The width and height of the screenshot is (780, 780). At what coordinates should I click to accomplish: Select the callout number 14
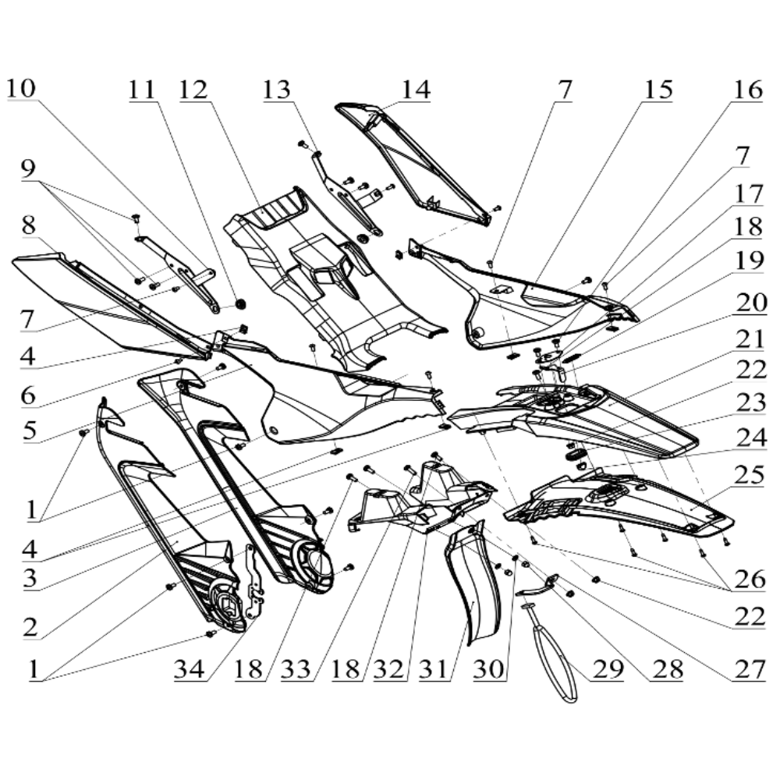pyautogui.click(x=415, y=90)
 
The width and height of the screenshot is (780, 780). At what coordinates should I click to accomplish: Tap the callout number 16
pyautogui.click(x=746, y=90)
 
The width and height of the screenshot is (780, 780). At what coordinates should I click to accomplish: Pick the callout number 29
pyautogui.click(x=609, y=670)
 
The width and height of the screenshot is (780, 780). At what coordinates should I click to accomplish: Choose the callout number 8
pyautogui.click(x=29, y=226)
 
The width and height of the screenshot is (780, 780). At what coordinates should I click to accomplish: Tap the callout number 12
pyautogui.click(x=193, y=90)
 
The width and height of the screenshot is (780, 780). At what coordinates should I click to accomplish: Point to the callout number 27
pyautogui.click(x=746, y=670)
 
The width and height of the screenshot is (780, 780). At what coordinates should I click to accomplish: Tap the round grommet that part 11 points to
pyautogui.click(x=240, y=303)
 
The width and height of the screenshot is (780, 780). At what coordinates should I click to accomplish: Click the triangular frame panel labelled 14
pyautogui.click(x=413, y=156)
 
